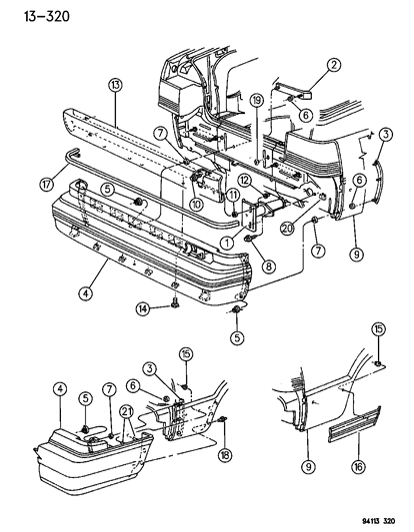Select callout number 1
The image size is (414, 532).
[x=228, y=243]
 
